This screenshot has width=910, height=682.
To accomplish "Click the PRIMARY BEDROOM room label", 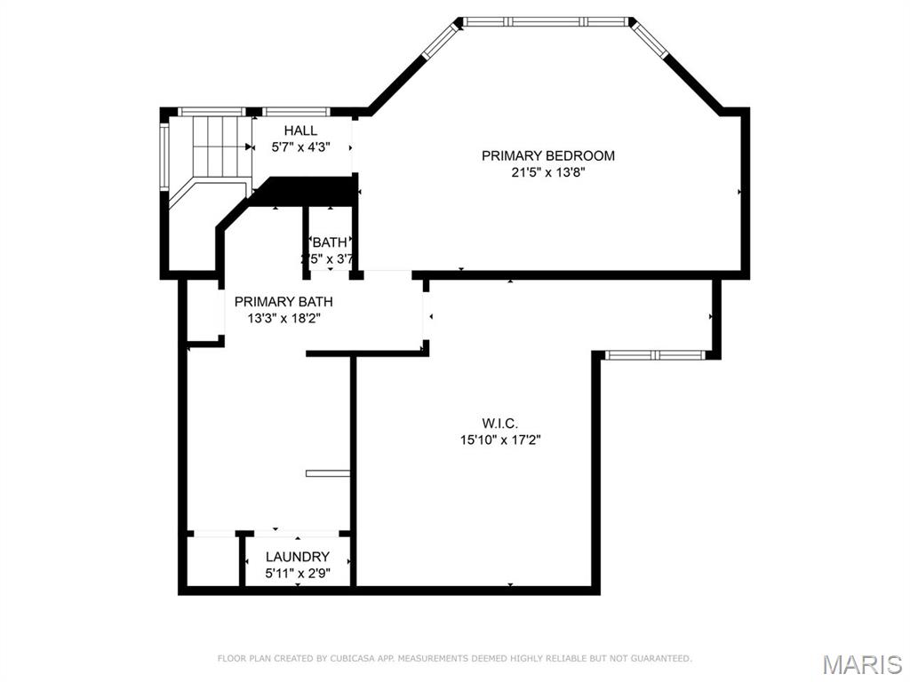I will click(x=547, y=155).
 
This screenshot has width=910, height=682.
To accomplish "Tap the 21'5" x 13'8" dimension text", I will click(x=547, y=173).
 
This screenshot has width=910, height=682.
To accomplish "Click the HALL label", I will click(x=300, y=131).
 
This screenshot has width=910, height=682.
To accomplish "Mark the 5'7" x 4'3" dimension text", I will click(x=300, y=148).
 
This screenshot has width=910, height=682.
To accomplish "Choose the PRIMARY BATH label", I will click(x=283, y=302).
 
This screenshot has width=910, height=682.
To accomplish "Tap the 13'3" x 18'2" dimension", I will click(x=283, y=318).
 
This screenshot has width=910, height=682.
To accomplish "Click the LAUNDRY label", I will click(x=298, y=557).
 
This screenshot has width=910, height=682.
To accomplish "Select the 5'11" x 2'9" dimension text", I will click(x=298, y=574).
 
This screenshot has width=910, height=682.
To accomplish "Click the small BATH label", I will click(x=329, y=242).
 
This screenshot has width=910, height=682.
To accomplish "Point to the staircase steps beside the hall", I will click(x=219, y=146).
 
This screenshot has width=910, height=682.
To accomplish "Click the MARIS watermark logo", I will click(x=861, y=663).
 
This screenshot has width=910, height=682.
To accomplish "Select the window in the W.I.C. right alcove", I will click(x=655, y=355).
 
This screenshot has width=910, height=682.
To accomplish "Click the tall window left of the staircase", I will click(x=164, y=156).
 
